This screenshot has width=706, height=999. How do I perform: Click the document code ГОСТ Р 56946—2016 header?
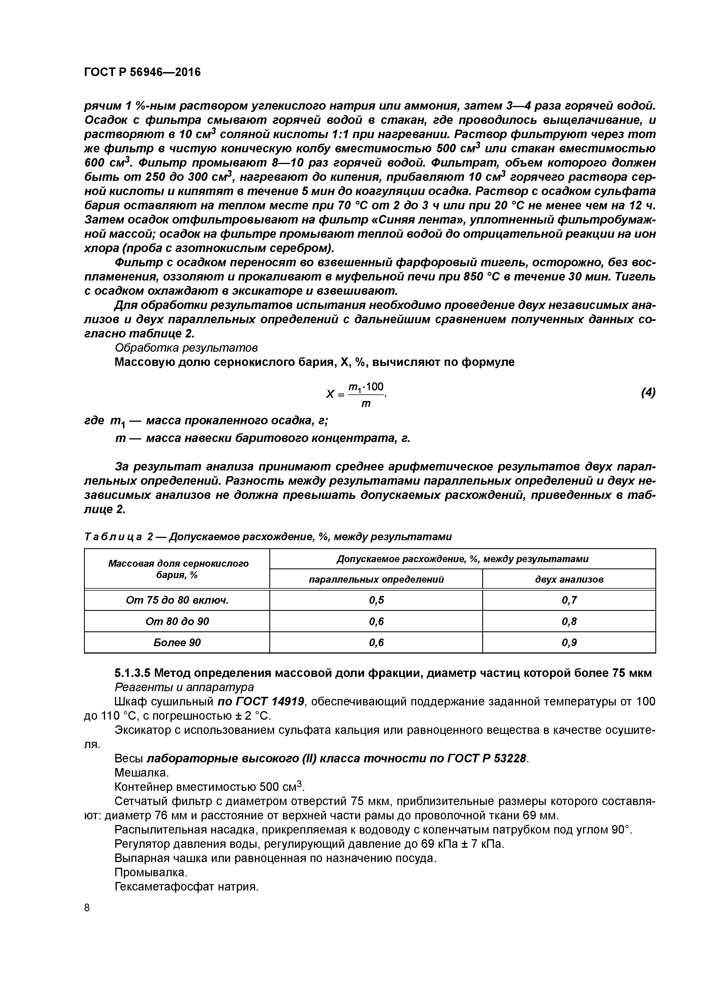click(x=142, y=72)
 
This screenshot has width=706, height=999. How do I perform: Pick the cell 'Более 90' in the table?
click(x=177, y=643)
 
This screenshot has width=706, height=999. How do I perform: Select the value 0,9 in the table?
click(x=569, y=643)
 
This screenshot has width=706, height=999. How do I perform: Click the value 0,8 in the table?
click(x=569, y=621)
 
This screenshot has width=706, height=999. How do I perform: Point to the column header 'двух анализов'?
click(x=569, y=580)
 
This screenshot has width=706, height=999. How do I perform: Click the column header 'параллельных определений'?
click(x=376, y=580)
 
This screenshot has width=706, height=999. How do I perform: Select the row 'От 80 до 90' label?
click(x=177, y=621)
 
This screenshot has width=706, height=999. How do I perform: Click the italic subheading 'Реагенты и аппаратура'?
click(x=184, y=687)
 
